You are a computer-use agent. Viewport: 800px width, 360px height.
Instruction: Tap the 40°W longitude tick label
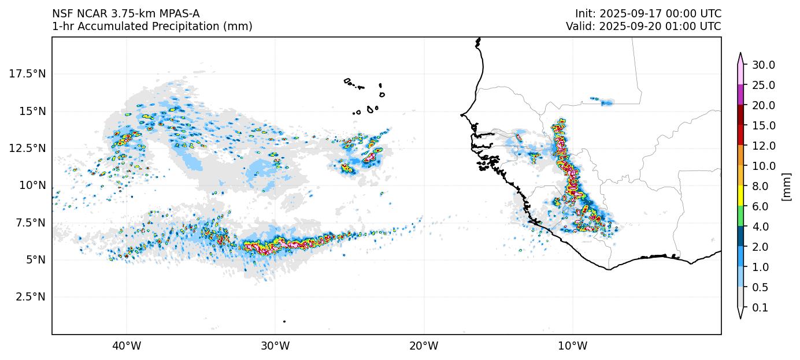point(126,346)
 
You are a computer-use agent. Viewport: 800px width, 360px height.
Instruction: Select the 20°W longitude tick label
point(424,346)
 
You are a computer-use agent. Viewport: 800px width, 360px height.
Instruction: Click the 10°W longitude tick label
point(572,346)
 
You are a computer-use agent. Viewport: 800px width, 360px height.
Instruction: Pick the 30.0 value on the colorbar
point(763,65)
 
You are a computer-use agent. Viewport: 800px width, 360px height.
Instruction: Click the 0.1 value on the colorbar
point(760,308)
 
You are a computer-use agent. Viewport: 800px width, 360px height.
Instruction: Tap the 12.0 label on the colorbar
point(763,146)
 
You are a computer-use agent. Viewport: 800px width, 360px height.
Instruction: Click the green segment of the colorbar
point(740,217)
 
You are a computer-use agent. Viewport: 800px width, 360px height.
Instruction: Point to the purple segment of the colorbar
point(740,95)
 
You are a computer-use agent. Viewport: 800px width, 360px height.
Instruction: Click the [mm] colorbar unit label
point(786,187)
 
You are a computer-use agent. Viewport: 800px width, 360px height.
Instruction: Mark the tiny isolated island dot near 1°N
point(284,321)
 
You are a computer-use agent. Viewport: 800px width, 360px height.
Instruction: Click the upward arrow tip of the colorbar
point(740,54)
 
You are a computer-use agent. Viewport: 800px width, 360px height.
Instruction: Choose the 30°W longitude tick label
point(275,346)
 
